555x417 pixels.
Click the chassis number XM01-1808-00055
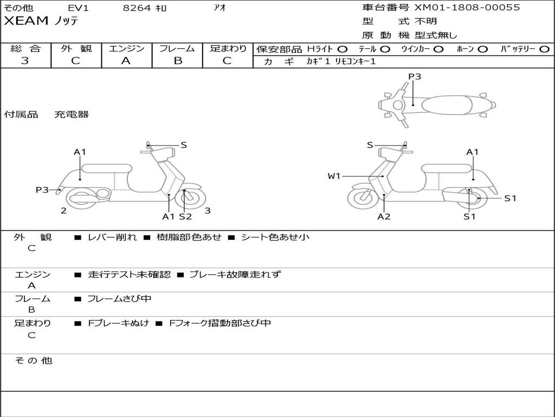pyautogui.click(x=467, y=8)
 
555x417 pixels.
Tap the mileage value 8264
pyautogui.click(x=137, y=8)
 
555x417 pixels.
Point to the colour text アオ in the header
pyautogui.click(x=220, y=8)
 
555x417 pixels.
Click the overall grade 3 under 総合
pyautogui.click(x=25, y=61)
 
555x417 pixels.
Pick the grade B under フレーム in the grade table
pyautogui.click(x=177, y=61)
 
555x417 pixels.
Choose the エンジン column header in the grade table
pyautogui.click(x=126, y=49)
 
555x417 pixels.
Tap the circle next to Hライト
pyautogui.click(x=343, y=49)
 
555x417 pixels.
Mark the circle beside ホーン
pyautogui.click(x=482, y=49)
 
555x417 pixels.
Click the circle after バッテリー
pyautogui.click(x=544, y=49)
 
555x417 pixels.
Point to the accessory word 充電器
pyautogui.click(x=71, y=115)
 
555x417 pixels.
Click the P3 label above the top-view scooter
pyautogui.click(x=415, y=77)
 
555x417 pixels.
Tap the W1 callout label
pyautogui.click(x=334, y=176)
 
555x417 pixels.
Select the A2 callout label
pyautogui.click(x=384, y=217)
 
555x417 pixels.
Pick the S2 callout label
pyautogui.click(x=185, y=217)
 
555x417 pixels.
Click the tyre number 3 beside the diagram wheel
pyautogui.click(x=208, y=211)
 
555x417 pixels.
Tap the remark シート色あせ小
pyautogui.click(x=275, y=237)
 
